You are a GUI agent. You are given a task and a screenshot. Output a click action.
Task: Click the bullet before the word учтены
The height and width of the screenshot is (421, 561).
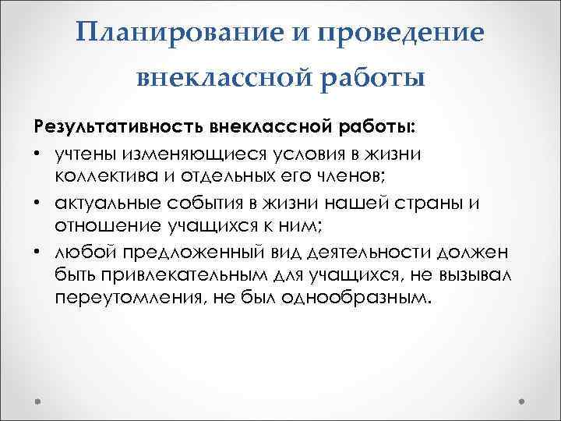[38, 150]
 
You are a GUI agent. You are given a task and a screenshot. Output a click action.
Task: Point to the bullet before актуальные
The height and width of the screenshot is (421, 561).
[38, 202]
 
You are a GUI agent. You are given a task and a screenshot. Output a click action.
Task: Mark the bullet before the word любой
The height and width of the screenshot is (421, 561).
[38, 252]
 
